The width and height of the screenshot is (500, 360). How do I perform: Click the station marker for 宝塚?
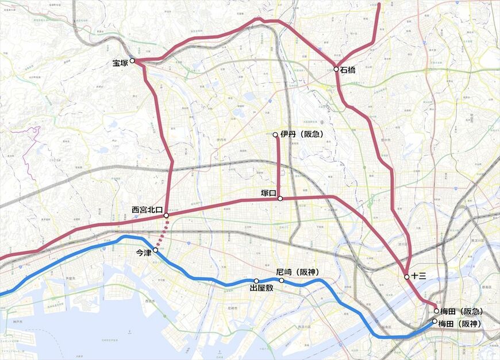coord(132,60)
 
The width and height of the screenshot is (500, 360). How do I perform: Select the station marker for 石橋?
coord(336,69)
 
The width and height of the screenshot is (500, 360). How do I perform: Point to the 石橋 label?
coord(348,70)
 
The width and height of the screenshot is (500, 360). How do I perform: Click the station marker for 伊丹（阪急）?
coord(276,135)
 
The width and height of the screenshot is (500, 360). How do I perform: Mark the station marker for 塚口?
coord(280,199)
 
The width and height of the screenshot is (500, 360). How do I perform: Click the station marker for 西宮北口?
coord(166,215)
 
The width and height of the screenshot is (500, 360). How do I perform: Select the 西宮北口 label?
coord(148,210)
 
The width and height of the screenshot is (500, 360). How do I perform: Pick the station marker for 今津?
coord(155,250)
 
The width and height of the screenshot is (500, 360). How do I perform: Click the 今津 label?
coord(143,253)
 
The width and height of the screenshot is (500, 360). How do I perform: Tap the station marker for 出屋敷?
coord(256,281)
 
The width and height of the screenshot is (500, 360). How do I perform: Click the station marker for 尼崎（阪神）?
coord(282,280)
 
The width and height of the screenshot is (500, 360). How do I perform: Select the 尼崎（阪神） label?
coord(297,272)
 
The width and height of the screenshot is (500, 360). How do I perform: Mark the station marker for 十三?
coord(407,277)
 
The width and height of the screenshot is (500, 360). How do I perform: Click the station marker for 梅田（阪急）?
coord(436,311)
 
